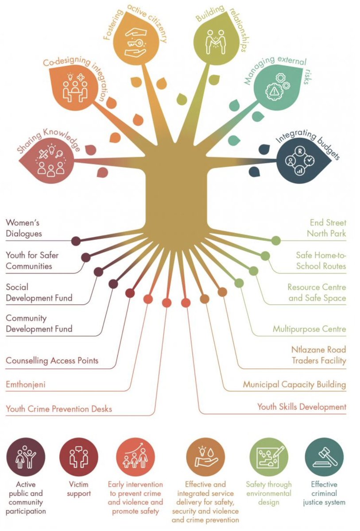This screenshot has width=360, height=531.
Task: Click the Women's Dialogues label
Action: point(29,227)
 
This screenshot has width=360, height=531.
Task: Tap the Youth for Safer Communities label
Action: point(32,261)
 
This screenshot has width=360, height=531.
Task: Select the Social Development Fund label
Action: point(39,292)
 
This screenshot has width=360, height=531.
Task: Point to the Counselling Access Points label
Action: point(52,361)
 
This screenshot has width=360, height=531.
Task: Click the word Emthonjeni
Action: point(25,385)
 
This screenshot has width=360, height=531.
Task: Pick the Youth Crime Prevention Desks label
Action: point(58,409)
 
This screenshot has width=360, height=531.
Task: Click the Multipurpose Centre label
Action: point(309,329)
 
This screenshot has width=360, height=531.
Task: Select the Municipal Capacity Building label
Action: point(294,385)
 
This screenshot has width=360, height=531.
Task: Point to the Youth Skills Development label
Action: point(302,407)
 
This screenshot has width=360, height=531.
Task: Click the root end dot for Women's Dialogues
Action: point(76,241)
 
